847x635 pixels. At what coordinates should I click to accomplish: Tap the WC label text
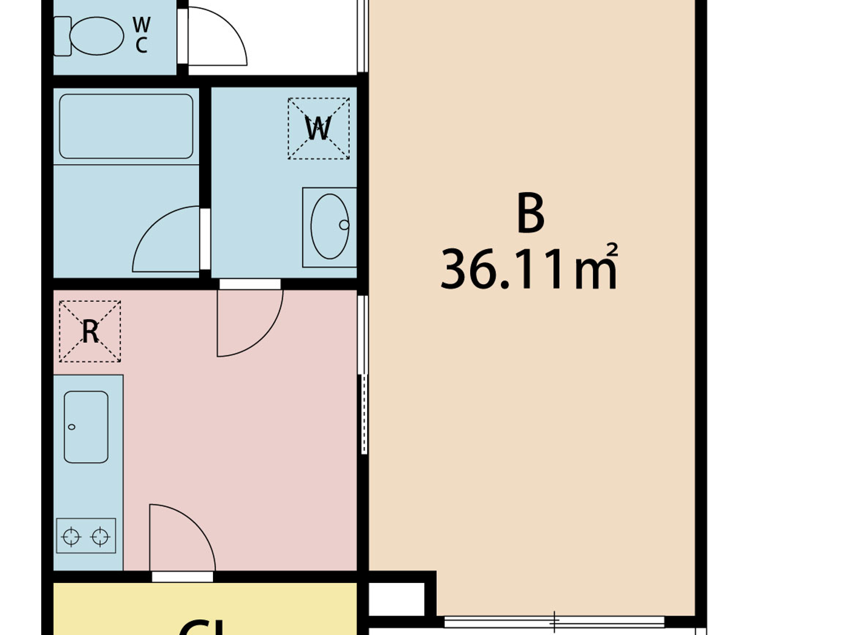pos(141,35)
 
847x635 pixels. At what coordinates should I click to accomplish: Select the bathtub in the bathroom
pos(126,126)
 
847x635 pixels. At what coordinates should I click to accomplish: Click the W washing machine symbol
pos(318,129)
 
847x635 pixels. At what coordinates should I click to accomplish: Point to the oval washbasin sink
pos(330,226)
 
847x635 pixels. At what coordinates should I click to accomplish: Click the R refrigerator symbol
pos(90,331)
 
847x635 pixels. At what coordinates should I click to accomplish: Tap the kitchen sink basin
pos(86,427)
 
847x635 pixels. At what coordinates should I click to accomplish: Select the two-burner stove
pos(86,536)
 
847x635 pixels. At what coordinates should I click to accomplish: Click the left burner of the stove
pos(71,536)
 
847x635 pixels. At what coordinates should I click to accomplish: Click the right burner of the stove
pos(100,536)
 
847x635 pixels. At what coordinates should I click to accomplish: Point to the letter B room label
pos(531,213)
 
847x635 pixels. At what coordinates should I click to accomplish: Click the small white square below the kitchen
pos(396,599)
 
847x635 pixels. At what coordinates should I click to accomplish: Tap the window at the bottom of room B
pos(554,622)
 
